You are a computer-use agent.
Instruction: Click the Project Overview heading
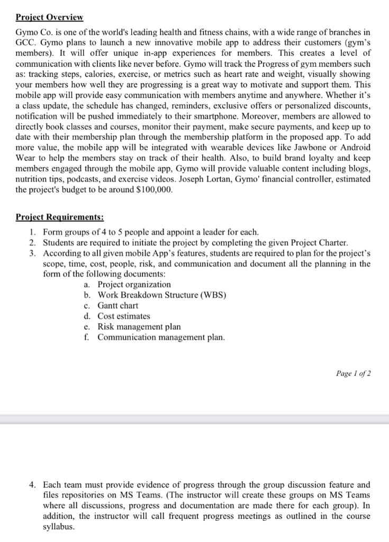coord(49,17)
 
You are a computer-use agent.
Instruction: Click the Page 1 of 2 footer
coord(353,374)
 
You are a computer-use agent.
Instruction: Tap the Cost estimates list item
coord(124,316)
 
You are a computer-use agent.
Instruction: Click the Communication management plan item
coord(161,337)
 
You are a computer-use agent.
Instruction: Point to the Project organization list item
coord(134,284)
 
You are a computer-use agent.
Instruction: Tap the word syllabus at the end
coord(58,528)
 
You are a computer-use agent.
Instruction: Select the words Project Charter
coord(319,243)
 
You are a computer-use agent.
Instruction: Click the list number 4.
coord(32,484)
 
